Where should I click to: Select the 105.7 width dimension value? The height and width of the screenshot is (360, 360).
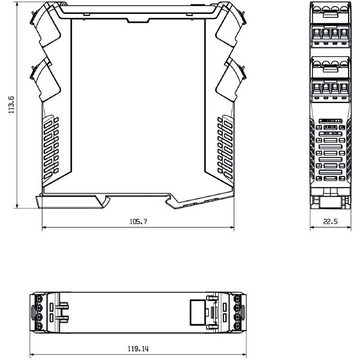click(139, 222)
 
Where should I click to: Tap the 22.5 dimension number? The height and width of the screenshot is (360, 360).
click(330, 222)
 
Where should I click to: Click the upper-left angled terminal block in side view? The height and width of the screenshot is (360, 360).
click(46, 27)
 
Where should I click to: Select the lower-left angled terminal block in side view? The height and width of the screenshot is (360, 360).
click(46, 79)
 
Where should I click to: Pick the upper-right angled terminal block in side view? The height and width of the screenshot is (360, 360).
click(230, 27)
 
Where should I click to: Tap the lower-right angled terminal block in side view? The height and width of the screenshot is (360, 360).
click(230, 79)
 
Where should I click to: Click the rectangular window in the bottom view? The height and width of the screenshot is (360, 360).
click(197, 312)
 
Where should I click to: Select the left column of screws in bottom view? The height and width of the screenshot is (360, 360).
click(39, 312)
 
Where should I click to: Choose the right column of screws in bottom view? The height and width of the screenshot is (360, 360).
click(238, 312)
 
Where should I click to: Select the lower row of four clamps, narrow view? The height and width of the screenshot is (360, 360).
click(330, 85)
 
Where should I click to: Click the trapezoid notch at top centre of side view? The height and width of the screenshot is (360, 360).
click(138, 20)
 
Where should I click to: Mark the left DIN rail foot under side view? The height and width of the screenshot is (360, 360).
click(72, 201)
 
